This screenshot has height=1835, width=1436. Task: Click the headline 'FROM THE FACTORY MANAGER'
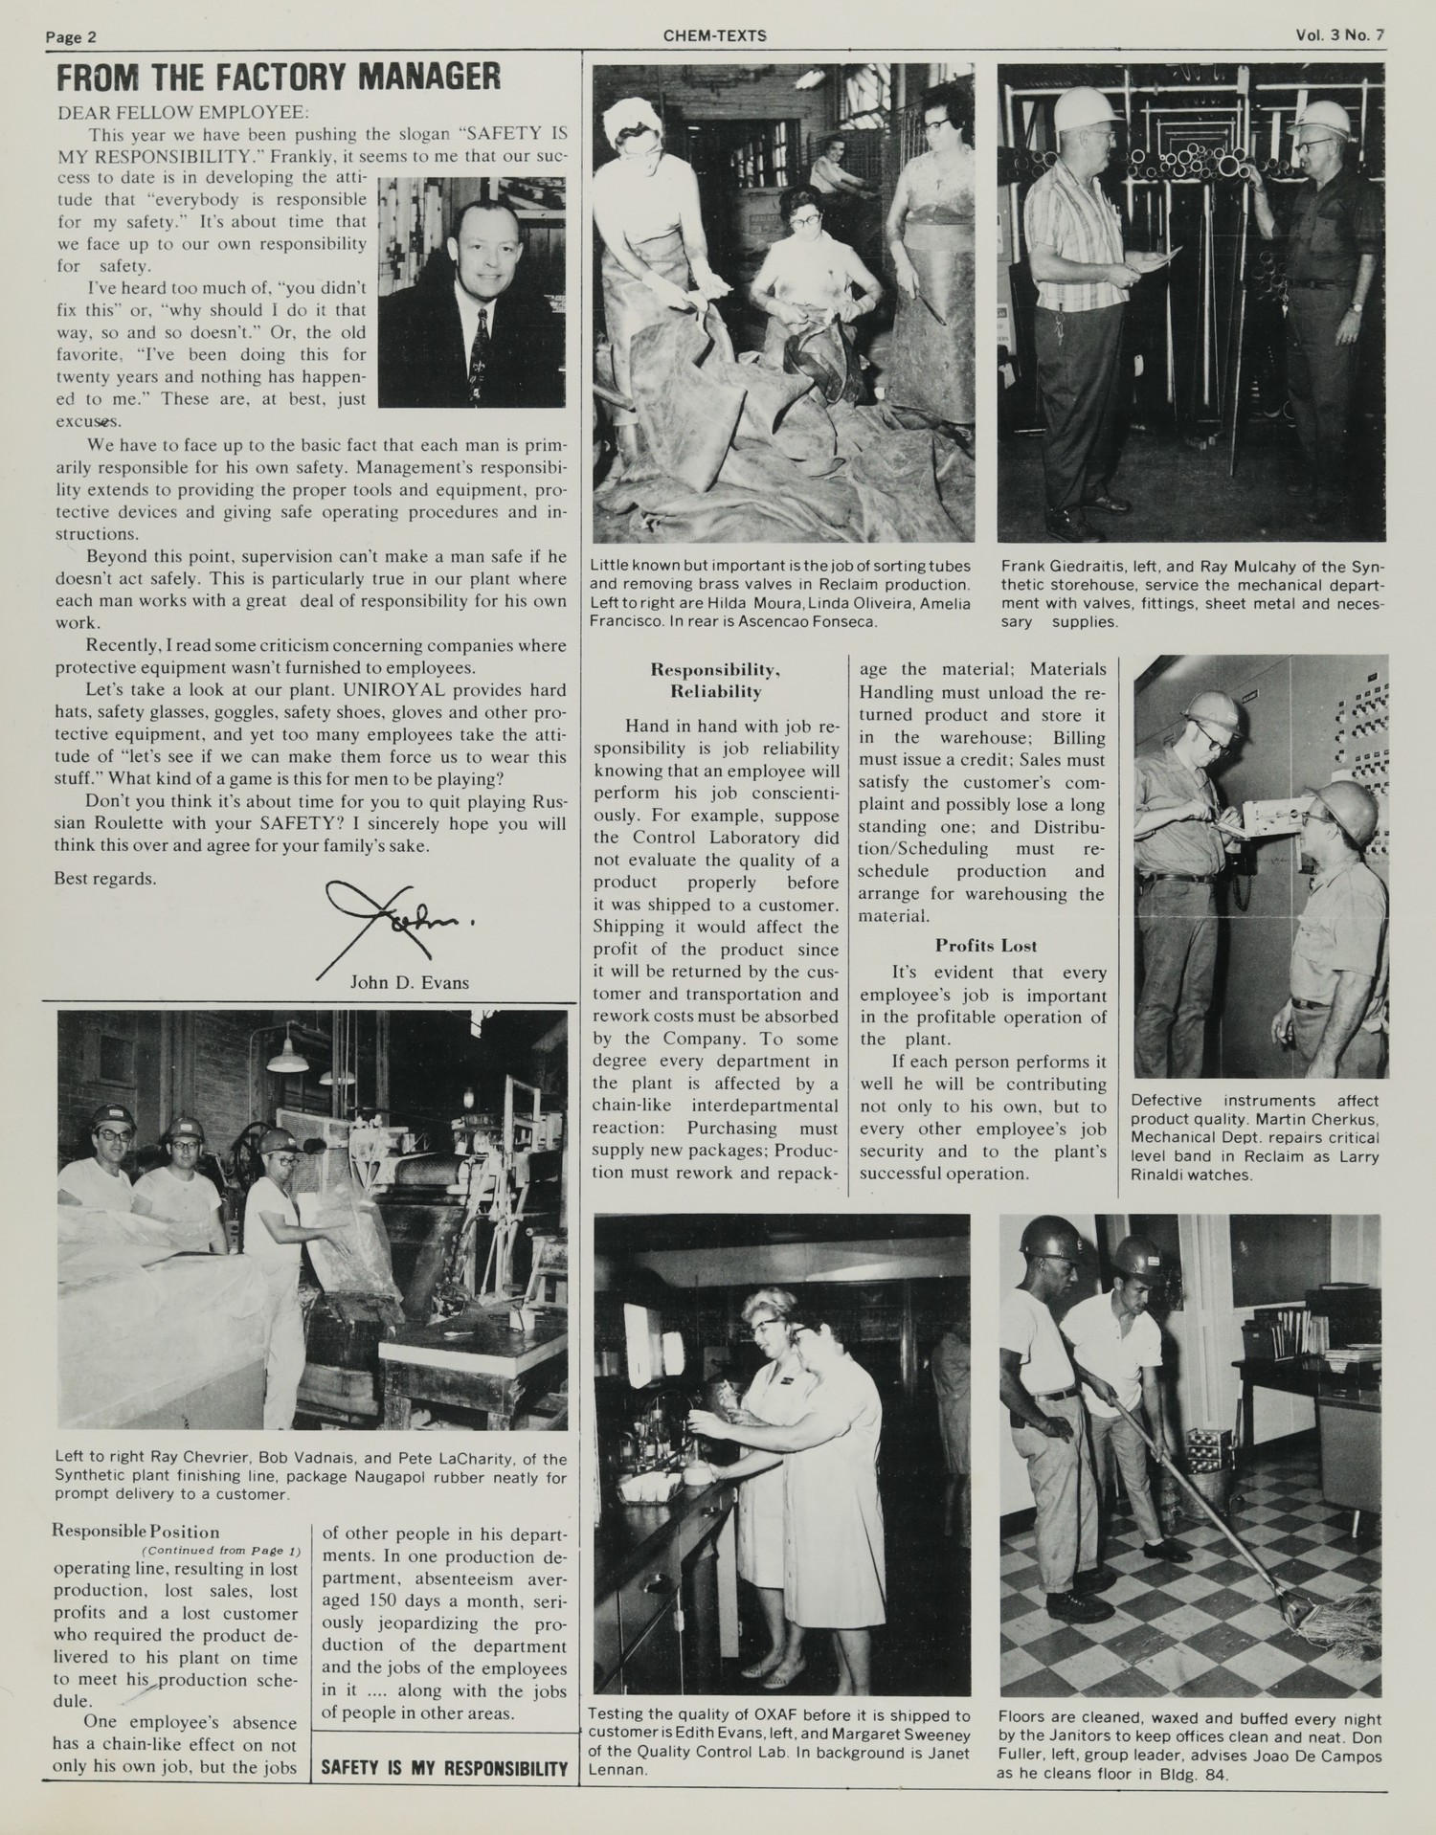[278, 78]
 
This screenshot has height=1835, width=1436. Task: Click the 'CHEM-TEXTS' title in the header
[714, 36]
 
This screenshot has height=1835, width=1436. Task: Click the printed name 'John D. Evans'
[410, 983]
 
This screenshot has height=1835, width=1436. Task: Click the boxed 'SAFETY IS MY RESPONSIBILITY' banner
[444, 1768]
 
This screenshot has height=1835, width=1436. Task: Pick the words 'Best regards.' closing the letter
[105, 878]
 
